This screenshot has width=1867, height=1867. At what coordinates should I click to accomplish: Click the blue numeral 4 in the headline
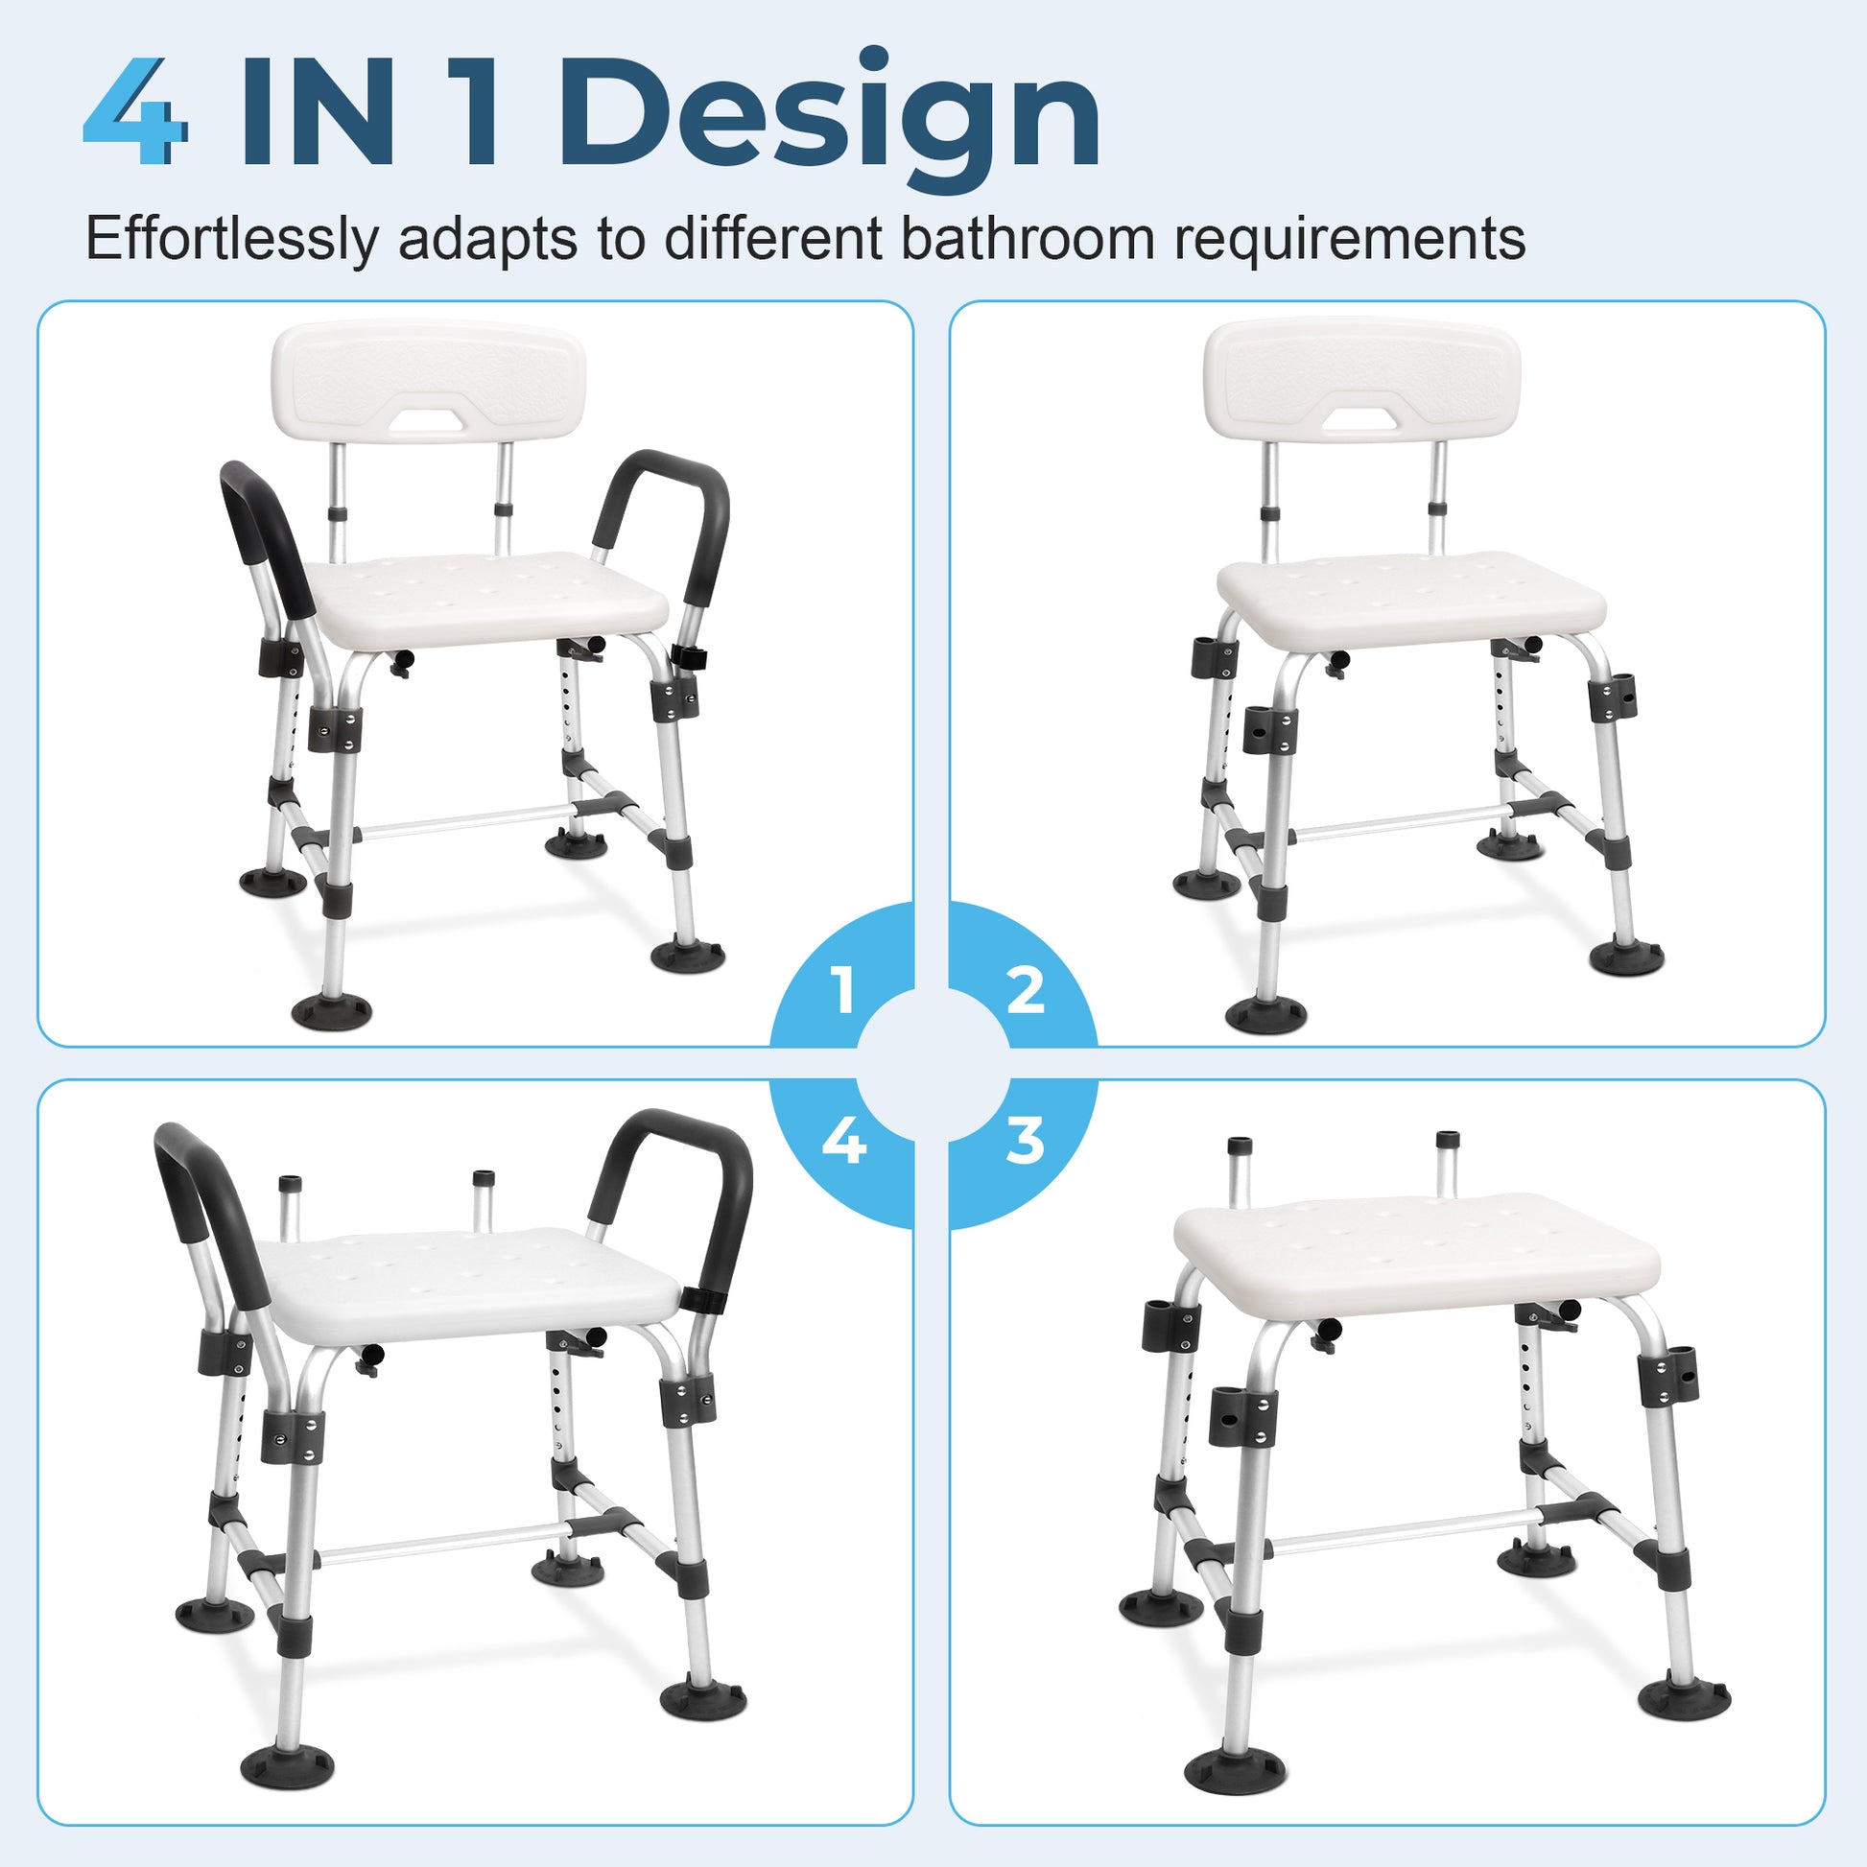coord(135,111)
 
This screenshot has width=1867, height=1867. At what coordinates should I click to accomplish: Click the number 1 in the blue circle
coord(843,989)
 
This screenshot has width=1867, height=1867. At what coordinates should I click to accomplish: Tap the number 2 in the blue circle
coord(1026,989)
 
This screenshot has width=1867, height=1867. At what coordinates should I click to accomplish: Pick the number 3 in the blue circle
coord(1026,1142)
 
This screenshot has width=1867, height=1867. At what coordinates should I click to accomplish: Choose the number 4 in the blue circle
coord(843,1142)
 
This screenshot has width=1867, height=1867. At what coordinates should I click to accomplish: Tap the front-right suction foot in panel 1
coord(687,954)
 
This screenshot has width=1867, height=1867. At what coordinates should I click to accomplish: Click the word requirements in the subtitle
coord(1350,239)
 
